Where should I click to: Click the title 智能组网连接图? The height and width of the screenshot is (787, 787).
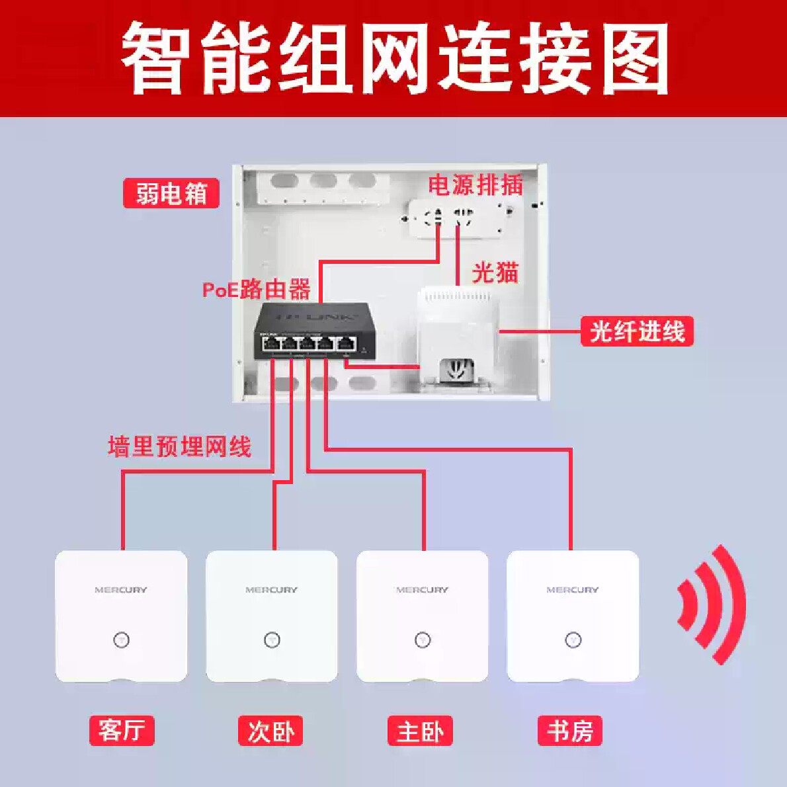[x=394, y=58]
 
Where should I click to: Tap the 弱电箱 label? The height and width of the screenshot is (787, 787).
[x=171, y=194]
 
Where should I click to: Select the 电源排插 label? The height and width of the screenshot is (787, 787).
[x=476, y=185]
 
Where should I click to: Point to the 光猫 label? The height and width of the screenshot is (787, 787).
[x=495, y=272]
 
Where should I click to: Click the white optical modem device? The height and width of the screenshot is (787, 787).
[x=458, y=337]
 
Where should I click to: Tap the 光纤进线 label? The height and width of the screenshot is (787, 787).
[x=637, y=331]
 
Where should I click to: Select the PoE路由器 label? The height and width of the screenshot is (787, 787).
[x=257, y=289]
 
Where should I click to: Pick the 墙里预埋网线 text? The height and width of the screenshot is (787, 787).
[x=180, y=446]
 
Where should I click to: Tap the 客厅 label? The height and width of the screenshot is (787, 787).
[x=122, y=731]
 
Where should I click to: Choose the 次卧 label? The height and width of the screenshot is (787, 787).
[x=271, y=731]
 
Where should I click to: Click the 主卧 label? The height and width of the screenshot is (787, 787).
[x=420, y=731]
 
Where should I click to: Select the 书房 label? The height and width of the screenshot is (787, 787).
[x=570, y=731]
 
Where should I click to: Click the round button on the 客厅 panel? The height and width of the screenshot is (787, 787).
[x=121, y=640]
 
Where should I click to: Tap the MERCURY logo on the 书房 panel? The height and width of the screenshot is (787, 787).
[x=572, y=590]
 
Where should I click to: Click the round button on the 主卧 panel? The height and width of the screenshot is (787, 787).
[x=423, y=640]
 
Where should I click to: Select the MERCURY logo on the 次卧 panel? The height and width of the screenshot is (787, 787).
[x=271, y=590]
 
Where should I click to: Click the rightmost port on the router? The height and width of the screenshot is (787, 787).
[x=346, y=343]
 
